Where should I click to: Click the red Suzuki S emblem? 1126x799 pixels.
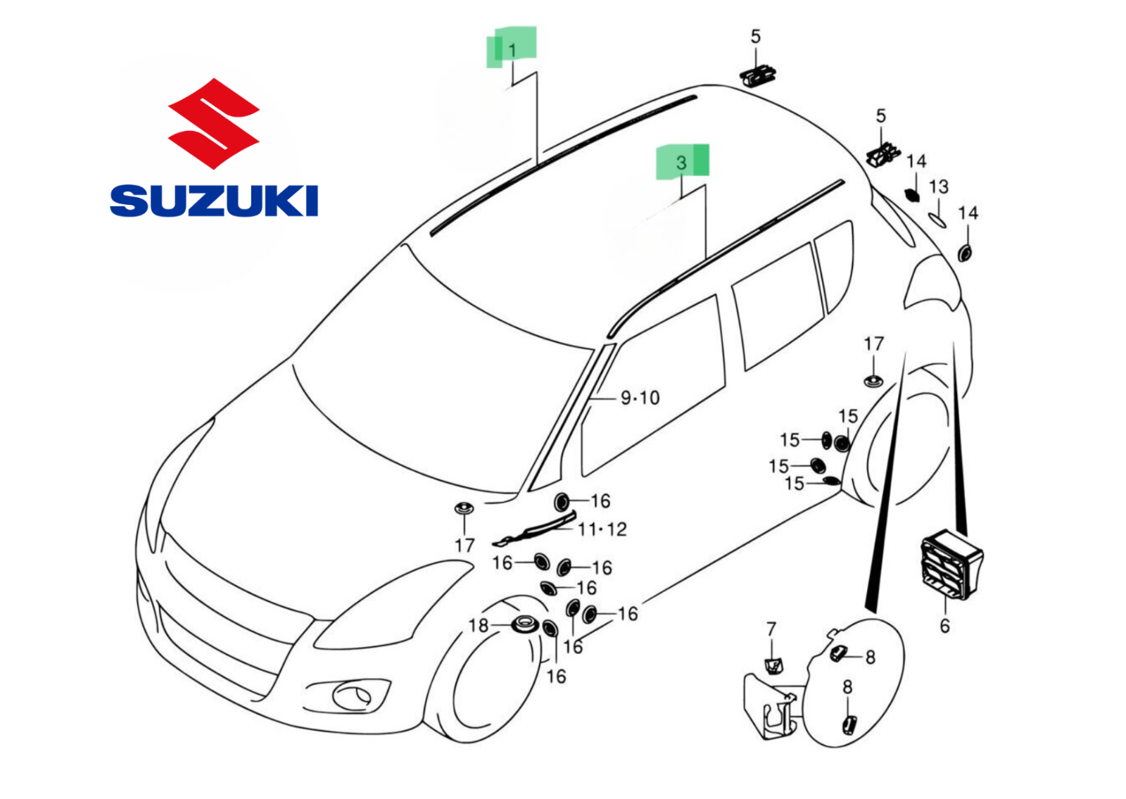point(214,123)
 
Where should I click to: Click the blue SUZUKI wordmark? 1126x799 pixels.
point(214,201)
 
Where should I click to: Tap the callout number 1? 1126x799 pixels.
point(512,50)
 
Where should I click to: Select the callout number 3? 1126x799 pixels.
point(681,163)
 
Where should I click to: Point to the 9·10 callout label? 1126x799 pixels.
point(640,398)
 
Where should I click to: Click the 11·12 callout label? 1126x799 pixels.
point(602,529)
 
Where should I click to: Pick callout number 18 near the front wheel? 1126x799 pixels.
point(478,625)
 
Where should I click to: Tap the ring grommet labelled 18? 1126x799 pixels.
point(525,625)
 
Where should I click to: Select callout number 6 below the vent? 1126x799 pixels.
point(944,626)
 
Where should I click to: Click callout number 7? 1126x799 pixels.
point(771,629)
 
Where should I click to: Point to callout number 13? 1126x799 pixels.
point(939,187)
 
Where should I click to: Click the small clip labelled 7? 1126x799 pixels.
point(773,666)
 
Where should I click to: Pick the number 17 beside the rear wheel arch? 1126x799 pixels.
point(873,344)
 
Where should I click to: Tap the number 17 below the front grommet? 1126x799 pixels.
point(464,546)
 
